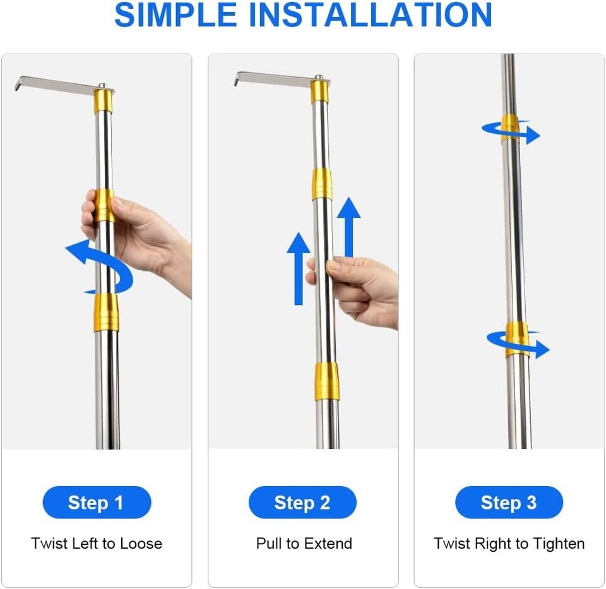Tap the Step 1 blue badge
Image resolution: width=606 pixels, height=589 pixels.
(97, 503)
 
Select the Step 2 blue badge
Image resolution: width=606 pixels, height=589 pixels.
(302, 503)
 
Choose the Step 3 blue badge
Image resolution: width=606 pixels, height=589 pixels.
(509, 503)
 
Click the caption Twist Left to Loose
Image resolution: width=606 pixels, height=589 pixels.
(97, 544)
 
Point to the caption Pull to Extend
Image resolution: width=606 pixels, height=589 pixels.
(304, 544)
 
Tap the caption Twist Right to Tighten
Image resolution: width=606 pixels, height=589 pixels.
(509, 544)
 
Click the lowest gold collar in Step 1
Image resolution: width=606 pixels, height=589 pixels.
(106, 312)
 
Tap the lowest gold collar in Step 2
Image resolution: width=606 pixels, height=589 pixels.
(327, 381)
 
